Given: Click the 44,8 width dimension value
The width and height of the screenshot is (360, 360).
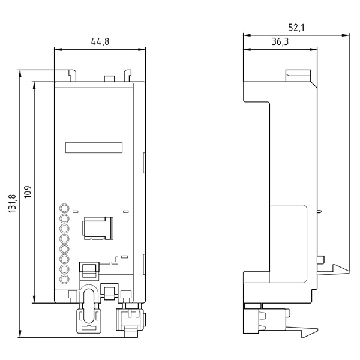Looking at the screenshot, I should (100, 41).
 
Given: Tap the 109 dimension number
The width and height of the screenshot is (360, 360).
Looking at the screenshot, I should (27, 192).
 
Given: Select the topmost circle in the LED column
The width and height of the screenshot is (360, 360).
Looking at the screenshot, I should (64, 209).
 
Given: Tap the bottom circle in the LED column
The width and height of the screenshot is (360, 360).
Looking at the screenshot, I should (64, 279).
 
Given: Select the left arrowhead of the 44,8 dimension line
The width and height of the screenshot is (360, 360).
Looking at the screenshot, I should (56, 48).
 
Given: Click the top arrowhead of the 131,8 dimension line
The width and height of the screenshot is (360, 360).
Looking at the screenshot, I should (20, 73).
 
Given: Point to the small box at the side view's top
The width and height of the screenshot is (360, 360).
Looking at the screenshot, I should (298, 76).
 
